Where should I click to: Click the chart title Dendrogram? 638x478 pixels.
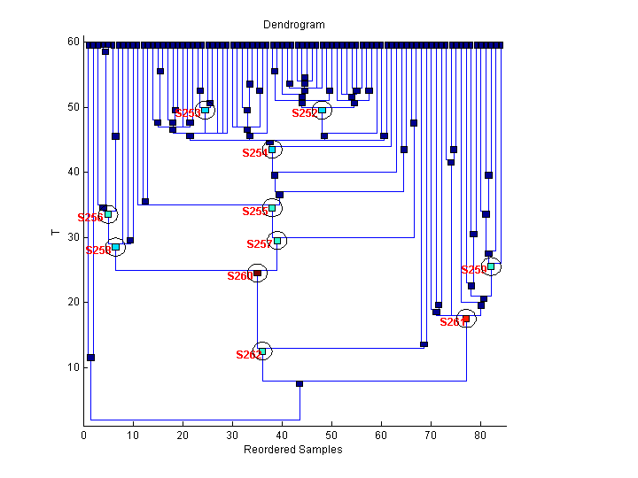pos(293,25)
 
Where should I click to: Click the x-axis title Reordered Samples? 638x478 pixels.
pos(292,450)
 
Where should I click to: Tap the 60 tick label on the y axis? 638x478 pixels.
pos(74,42)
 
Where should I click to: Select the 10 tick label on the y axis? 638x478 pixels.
pos(74,367)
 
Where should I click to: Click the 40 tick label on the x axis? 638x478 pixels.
pos(282,435)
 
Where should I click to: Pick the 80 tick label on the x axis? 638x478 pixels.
pos(480,435)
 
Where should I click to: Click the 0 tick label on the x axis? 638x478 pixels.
pos(83,435)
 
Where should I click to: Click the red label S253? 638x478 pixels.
pos(187,113)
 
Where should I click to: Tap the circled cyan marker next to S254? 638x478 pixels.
pos(272,150)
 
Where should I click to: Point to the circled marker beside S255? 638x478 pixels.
pos(272,208)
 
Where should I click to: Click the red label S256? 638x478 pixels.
pos(89,218)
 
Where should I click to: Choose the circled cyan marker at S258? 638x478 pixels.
pos(115,247)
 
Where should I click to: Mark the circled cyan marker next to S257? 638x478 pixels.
pos(277,240)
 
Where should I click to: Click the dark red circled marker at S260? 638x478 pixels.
pos(257,274)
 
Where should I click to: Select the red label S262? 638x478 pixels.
pos(248,355)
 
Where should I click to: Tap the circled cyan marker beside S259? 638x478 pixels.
pos(491,266)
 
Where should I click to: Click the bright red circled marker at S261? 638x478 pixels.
pos(466,319)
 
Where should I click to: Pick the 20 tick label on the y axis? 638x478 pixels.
pos(74,302)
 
